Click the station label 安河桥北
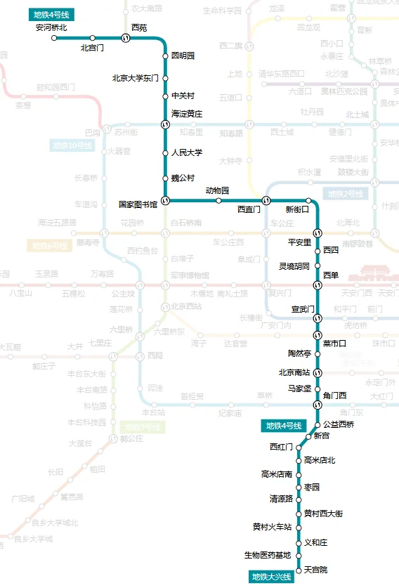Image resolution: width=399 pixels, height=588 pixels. (x=51, y=28)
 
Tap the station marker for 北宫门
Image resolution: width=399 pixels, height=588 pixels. (x=92, y=38)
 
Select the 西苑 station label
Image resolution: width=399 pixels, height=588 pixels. (x=139, y=27)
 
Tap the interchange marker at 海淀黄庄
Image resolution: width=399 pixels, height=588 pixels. (x=165, y=124)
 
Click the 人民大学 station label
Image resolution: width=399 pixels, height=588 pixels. (x=187, y=152)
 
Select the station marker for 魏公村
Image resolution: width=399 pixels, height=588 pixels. (x=165, y=178)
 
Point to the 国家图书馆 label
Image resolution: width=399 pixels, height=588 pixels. (x=138, y=204)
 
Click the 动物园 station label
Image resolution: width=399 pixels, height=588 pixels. (x=217, y=190)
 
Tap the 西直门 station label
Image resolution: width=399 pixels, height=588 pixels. (x=249, y=209)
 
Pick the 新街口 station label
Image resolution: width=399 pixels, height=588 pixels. (x=297, y=209)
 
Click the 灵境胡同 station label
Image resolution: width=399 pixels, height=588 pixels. (x=294, y=266)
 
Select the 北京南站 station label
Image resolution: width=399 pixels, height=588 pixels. (x=294, y=372)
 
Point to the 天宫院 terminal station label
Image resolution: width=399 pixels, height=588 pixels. (x=315, y=569)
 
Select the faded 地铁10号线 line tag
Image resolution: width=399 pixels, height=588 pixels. (x=72, y=145)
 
